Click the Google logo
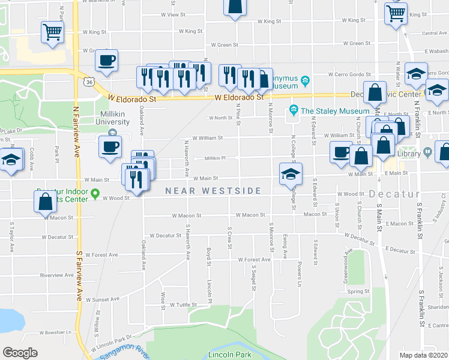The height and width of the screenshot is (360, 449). pyautogui.click(x=20, y=353)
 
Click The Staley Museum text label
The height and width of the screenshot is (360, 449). pyautogui.click(x=334, y=110)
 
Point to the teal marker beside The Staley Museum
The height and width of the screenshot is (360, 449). pyautogui.click(x=294, y=110)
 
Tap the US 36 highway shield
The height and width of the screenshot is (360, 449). pyautogui.click(x=89, y=82)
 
